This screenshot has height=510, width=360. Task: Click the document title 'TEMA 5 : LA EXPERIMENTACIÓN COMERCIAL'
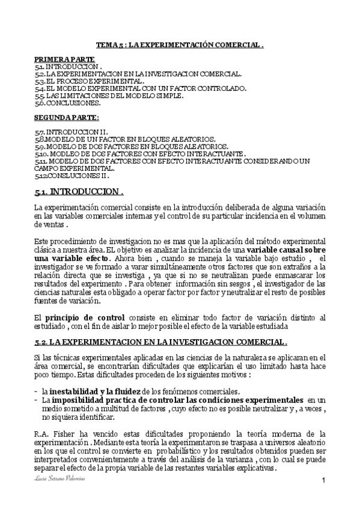[x=180, y=45]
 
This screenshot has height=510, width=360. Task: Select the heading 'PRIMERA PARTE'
[x=56, y=60]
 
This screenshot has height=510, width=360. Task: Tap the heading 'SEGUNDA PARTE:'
[x=58, y=118]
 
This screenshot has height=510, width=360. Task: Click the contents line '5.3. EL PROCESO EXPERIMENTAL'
[x=90, y=81]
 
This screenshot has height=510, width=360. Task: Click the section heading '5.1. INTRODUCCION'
[x=79, y=192]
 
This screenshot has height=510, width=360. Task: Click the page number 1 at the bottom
[x=323, y=480]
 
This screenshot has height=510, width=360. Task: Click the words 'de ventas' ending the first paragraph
[x=49, y=224]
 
